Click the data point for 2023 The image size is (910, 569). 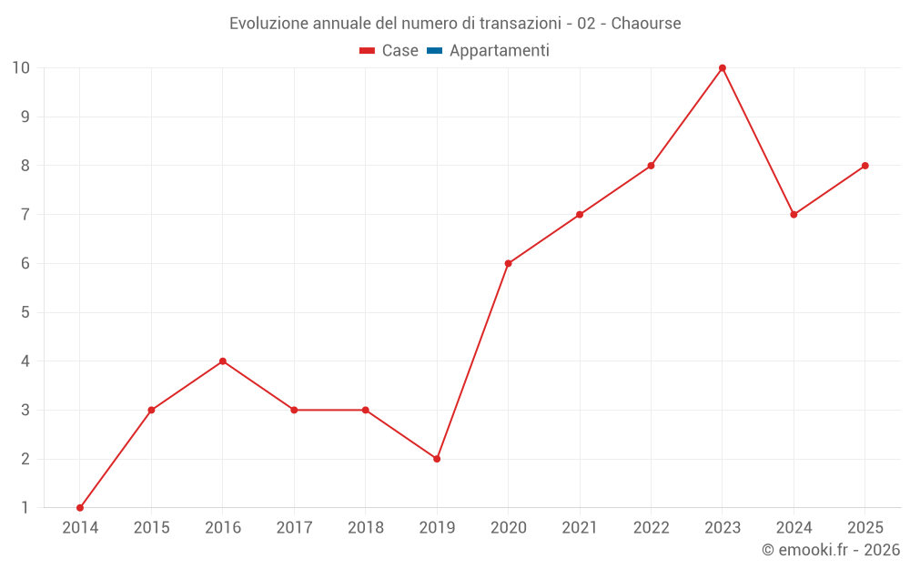tap(723, 68)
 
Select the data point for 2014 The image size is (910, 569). tap(80, 508)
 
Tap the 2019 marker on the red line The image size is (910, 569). tap(437, 459)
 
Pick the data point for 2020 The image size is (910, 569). tap(508, 264)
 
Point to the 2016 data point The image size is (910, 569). tap(223, 361)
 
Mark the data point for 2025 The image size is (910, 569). tap(864, 166)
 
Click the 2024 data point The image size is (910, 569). tap(794, 215)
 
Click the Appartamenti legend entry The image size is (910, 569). tap(499, 51)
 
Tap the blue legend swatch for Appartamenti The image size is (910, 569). tap(434, 51)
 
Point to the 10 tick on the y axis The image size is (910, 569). tap(21, 68)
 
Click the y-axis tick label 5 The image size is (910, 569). tap(25, 312)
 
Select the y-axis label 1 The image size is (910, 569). tap(25, 508)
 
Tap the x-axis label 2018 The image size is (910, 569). tap(365, 528)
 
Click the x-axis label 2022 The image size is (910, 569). tap(651, 528)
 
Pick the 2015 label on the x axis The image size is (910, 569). tap(151, 528)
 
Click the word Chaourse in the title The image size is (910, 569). tap(646, 24)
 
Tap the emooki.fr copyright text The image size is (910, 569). tap(830, 550)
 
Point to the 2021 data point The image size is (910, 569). tap(580, 215)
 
